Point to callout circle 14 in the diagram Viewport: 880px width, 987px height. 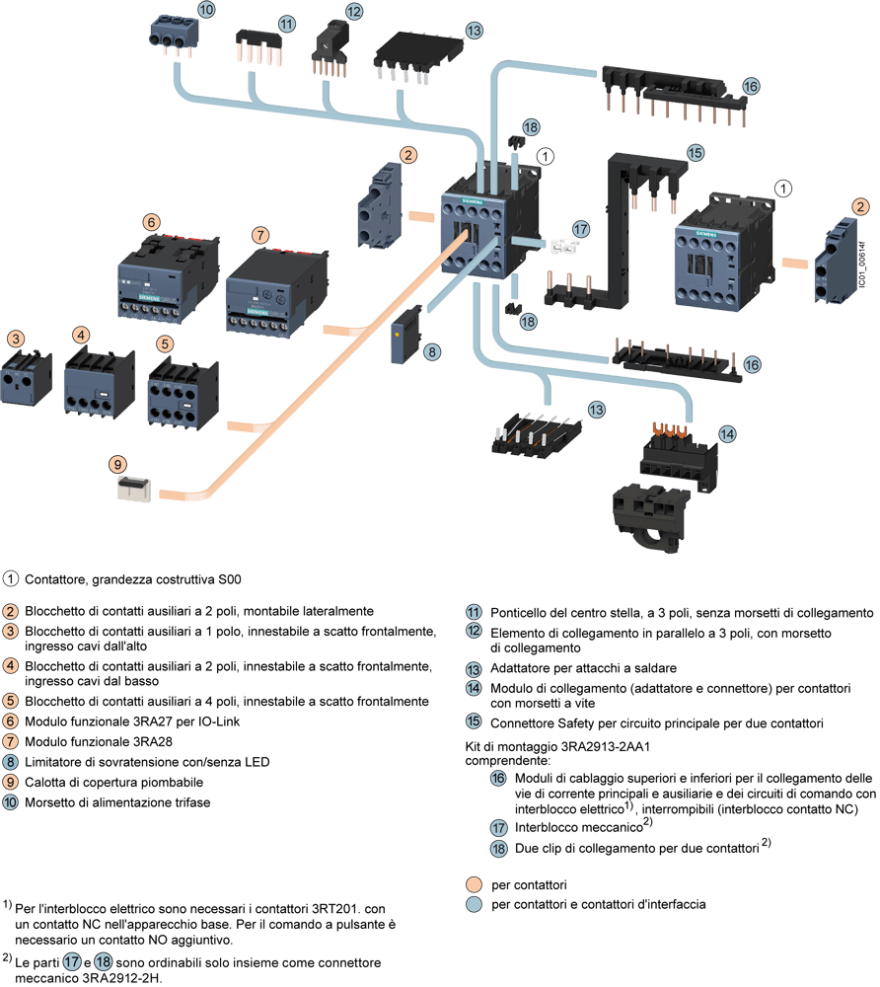[727, 432]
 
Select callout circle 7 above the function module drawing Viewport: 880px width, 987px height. [258, 235]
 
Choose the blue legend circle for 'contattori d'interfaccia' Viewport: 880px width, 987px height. [475, 904]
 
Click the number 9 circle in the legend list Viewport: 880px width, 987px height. [10, 783]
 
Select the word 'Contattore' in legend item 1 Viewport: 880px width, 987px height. [54, 577]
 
